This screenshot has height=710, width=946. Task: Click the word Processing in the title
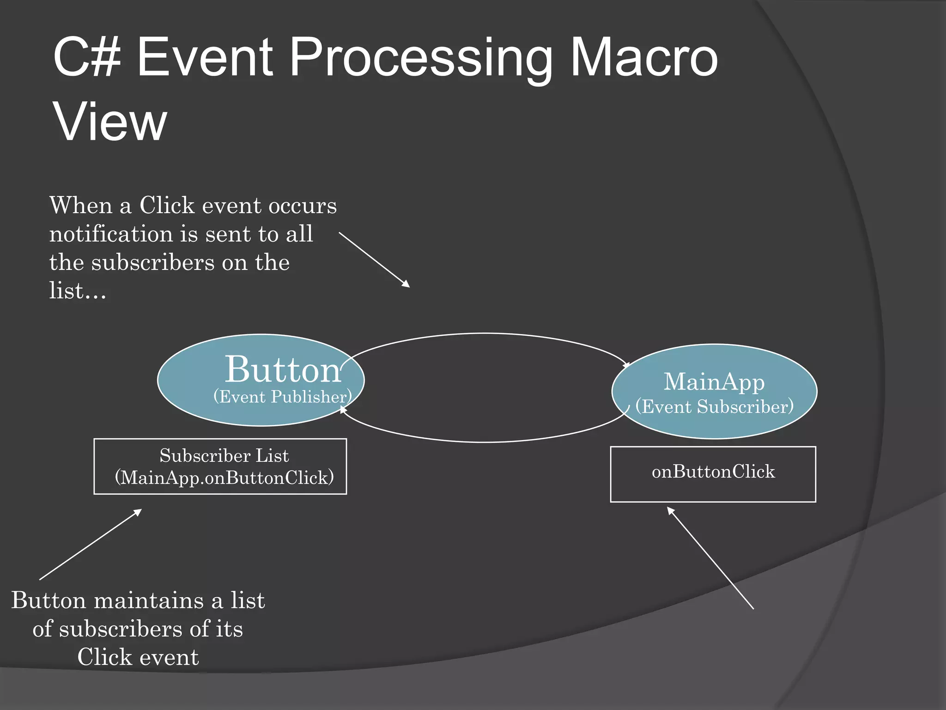click(x=420, y=59)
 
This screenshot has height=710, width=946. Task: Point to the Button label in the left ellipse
click(x=283, y=370)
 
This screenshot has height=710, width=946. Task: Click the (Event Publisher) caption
click(x=282, y=397)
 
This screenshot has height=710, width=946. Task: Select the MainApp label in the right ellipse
click(x=714, y=382)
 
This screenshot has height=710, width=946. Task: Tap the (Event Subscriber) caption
click(x=714, y=407)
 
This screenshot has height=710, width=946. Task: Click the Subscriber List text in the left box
click(x=224, y=456)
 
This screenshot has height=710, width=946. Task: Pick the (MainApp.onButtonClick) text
click(x=224, y=477)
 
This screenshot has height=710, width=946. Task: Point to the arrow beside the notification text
click(x=374, y=259)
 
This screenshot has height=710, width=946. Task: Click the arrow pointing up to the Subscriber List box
click(x=91, y=545)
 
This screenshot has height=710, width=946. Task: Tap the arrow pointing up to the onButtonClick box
click(x=710, y=558)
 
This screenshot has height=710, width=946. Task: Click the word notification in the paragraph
click(x=111, y=234)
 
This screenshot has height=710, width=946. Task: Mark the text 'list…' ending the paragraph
click(x=78, y=291)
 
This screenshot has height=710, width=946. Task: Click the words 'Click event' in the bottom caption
click(x=138, y=657)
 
